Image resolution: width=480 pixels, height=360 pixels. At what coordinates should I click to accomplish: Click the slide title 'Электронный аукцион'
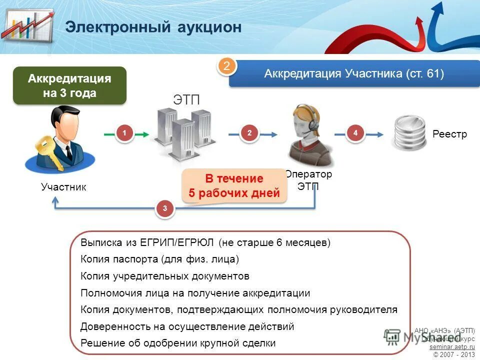[x=153, y=27]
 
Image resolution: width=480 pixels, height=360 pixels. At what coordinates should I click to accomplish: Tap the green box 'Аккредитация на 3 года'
[x=69, y=86]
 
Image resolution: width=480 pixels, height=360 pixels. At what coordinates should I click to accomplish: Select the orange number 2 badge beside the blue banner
[x=226, y=67]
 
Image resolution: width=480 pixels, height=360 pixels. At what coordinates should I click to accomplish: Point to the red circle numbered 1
[x=125, y=133]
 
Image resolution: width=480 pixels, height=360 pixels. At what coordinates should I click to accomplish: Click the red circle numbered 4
[x=355, y=133]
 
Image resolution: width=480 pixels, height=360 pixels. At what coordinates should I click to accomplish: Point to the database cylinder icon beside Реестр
[x=408, y=133]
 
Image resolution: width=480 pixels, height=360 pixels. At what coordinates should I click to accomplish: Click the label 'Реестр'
[x=449, y=134]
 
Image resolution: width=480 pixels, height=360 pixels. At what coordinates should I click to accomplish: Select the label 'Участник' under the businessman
[x=63, y=187]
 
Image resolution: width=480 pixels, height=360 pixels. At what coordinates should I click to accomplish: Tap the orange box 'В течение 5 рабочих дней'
[x=234, y=186]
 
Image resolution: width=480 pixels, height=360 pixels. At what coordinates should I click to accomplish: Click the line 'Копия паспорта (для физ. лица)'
[x=159, y=259]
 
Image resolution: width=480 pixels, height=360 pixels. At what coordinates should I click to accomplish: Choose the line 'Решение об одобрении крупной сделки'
[x=177, y=343]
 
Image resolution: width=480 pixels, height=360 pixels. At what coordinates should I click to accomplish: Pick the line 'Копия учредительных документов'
[x=164, y=276]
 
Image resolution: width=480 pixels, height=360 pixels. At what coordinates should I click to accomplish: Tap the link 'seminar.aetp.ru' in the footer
[x=451, y=346]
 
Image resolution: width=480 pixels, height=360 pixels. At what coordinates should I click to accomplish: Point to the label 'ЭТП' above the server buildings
[x=186, y=99]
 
